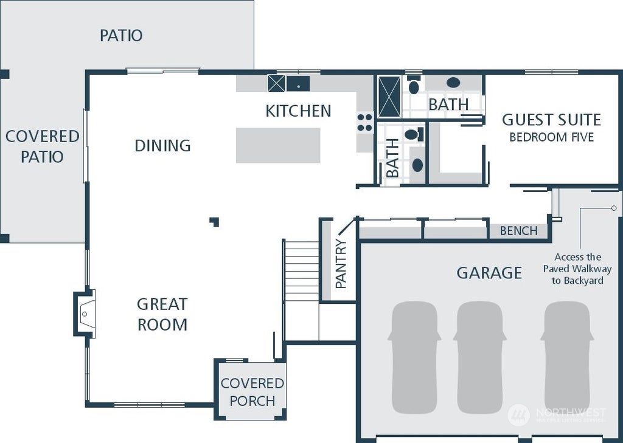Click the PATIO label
121,36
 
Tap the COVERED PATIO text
43,146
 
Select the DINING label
162,146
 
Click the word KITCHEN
298,111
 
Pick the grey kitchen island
278,145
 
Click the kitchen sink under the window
298,83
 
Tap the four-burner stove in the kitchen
365,123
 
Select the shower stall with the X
389,97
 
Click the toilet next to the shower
414,85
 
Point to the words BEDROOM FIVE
551,137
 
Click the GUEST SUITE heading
551,120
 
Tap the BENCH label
518,231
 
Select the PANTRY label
341,264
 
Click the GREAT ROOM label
162,314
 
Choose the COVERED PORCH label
252,392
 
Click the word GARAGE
489,273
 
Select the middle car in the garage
479,357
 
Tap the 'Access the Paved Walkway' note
578,269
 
